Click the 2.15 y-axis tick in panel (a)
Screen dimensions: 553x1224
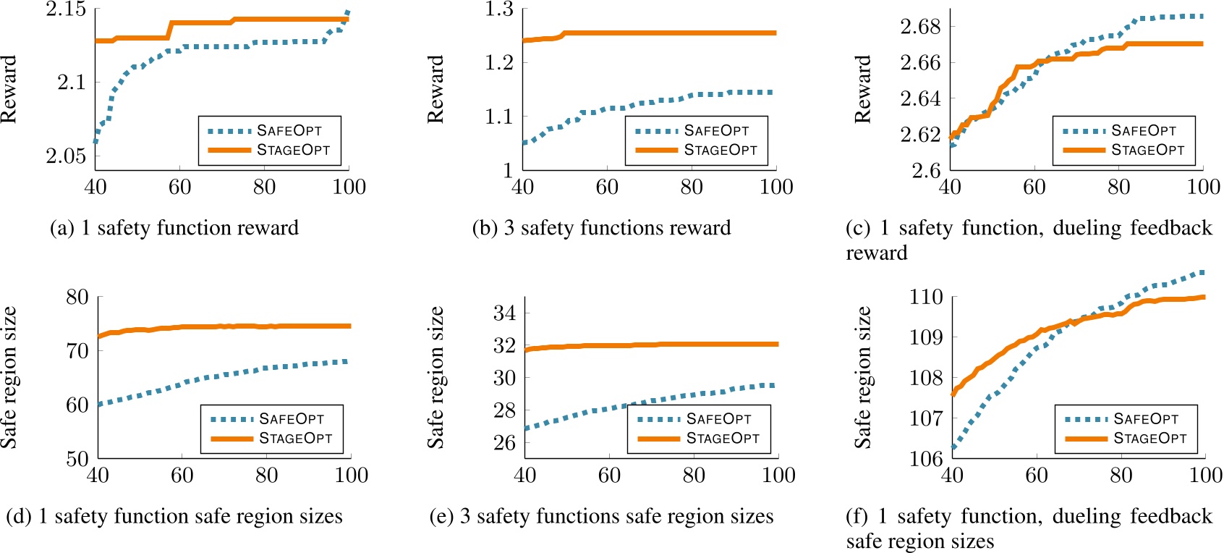pyautogui.click(x=66, y=9)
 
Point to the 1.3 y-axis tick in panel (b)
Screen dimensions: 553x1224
pyautogui.click(x=499, y=9)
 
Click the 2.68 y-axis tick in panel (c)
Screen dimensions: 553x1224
pyautogui.click(x=920, y=27)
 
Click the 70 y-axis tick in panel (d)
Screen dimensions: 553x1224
pyautogui.click(x=77, y=351)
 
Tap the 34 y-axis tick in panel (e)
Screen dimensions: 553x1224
pyautogui.click(x=504, y=313)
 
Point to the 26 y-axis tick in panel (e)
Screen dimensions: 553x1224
pyautogui.click(x=504, y=442)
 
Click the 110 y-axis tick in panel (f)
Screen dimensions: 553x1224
pyautogui.click(x=926, y=297)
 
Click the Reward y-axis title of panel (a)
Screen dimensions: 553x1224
pyautogui.click(x=9, y=90)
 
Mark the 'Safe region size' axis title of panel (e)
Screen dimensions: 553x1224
pyautogui.click(x=435, y=377)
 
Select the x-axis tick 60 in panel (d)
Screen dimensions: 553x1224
pyautogui.click(x=182, y=476)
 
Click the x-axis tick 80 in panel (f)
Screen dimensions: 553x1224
pyautogui.click(x=1121, y=476)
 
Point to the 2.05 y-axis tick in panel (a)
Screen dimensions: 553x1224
pyautogui.click(x=66, y=156)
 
